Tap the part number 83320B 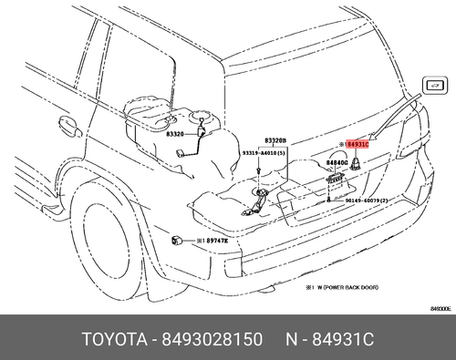pyautogui.click(x=275, y=141)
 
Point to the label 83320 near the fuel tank pyautogui.click(x=175, y=133)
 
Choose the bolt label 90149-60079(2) pyautogui.click(x=368, y=200)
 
